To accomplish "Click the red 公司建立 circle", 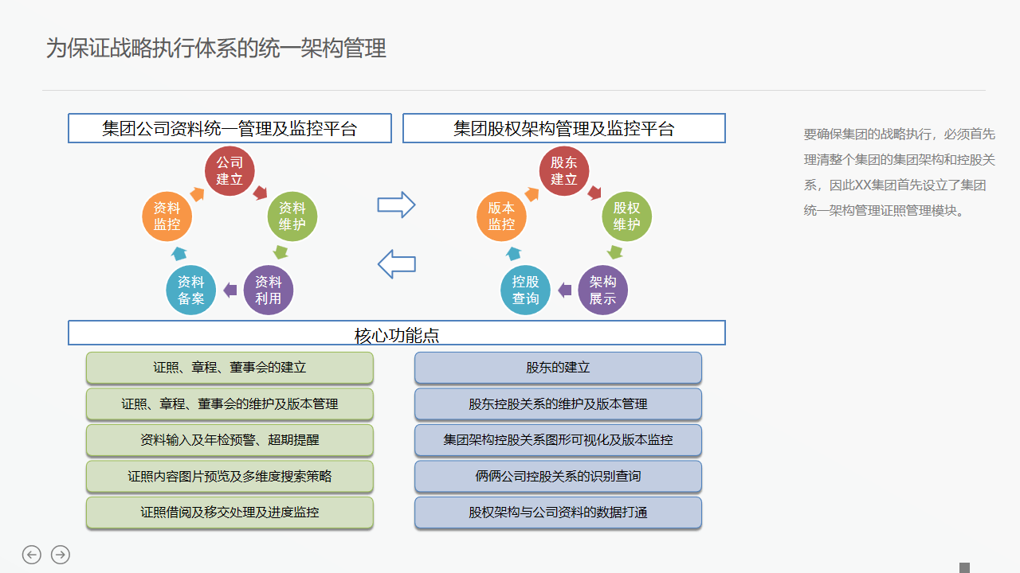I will click(x=229, y=170).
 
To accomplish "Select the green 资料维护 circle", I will click(x=292, y=216).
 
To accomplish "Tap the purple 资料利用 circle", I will click(x=269, y=290).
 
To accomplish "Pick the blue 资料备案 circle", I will click(x=191, y=290).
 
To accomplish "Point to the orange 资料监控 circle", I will click(x=167, y=216).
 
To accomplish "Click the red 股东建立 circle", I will click(x=564, y=170).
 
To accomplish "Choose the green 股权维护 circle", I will click(x=627, y=216).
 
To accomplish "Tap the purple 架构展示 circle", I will click(x=603, y=290).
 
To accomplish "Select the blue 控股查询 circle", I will click(x=526, y=290).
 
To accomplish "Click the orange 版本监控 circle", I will click(x=502, y=216).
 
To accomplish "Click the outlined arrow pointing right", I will click(x=396, y=205).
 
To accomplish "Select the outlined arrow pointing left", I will click(x=396, y=263).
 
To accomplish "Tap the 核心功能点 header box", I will click(x=397, y=333).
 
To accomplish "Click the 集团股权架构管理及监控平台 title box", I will click(x=564, y=128).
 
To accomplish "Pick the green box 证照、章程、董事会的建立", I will click(x=229, y=368).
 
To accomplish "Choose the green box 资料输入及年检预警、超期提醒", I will click(x=229, y=440).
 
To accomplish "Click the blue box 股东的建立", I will click(x=558, y=368).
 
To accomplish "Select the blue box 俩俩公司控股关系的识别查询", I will click(x=558, y=477).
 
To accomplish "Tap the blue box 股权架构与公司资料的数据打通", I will click(x=558, y=513).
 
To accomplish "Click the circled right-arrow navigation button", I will click(x=61, y=555).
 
